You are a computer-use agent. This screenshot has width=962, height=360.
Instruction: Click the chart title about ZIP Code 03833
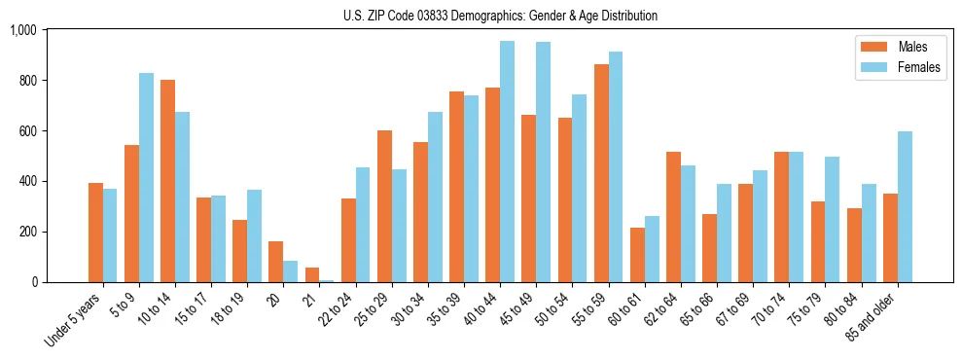tap(500, 16)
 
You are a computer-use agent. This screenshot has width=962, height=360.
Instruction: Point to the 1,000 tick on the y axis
tap(22, 30)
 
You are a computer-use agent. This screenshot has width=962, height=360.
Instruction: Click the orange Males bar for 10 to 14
tap(167, 181)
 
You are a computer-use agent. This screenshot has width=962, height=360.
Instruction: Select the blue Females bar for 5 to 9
tap(146, 177)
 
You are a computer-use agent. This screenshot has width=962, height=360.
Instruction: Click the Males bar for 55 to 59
tap(601, 173)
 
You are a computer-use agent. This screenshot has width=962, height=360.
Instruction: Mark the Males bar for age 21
tap(312, 274)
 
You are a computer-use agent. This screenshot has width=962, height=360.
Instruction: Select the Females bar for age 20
tap(290, 271)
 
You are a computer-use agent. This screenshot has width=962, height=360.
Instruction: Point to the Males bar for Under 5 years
tap(95, 233)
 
